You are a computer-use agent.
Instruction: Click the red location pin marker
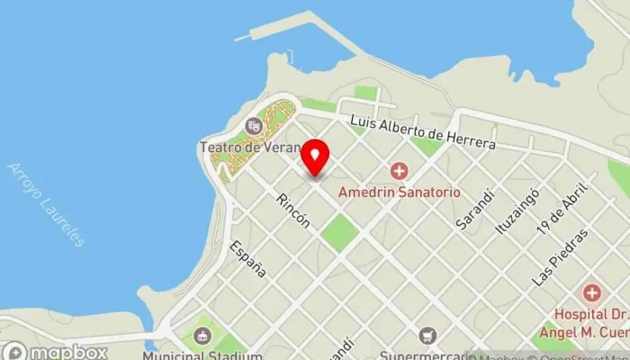(x=314, y=157)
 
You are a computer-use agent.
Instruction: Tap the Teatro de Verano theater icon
(x=253, y=124)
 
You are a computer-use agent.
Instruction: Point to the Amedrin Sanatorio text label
(x=399, y=192)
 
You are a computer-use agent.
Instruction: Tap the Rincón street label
(x=294, y=211)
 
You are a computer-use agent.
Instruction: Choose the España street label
(x=248, y=258)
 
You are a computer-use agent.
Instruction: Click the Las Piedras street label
(x=561, y=257)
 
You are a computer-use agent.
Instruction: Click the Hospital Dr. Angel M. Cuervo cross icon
(x=591, y=292)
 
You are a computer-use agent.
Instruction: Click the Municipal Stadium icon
(x=201, y=337)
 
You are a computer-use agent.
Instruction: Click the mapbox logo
(x=55, y=351)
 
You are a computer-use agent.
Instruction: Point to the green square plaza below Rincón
(x=339, y=233)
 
